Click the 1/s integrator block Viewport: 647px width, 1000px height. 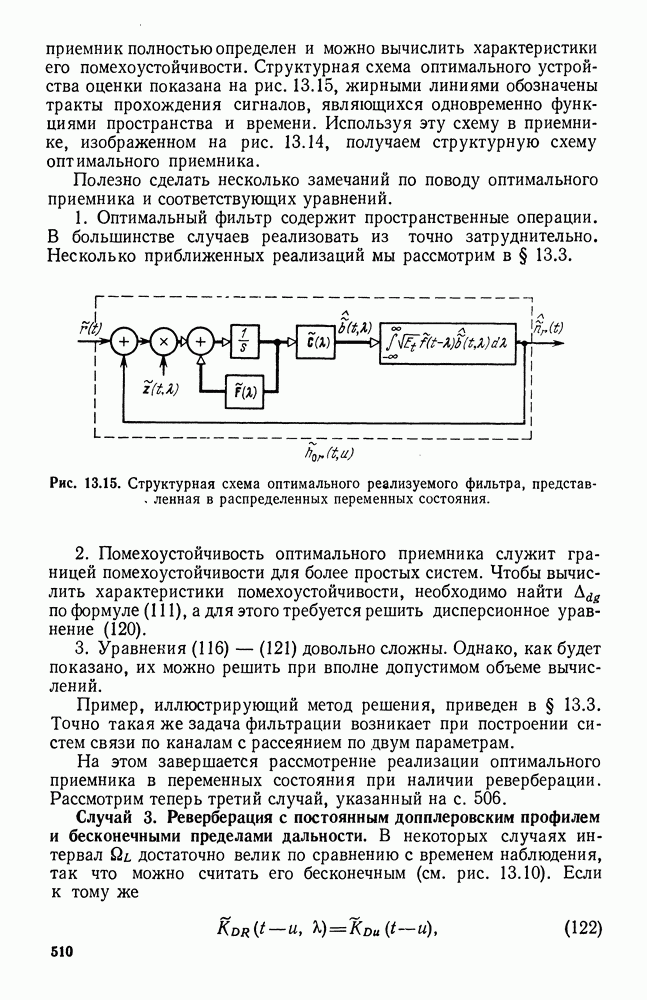point(245,342)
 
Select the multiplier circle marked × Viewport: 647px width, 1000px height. point(164,342)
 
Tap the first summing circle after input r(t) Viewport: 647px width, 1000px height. point(125,342)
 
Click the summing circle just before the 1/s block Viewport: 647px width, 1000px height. point(201,342)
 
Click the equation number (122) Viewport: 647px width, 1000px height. point(581,926)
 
